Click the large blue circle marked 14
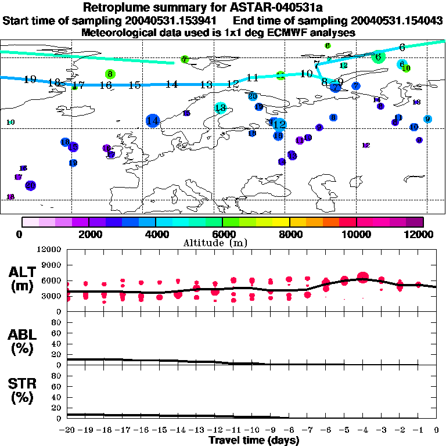(153, 121)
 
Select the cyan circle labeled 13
(220, 107)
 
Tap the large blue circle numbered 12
(279, 124)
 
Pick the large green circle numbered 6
(378, 57)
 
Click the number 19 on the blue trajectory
(30, 80)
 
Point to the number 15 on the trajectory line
(135, 85)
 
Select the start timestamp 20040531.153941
(174, 21)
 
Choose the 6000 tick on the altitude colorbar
(222, 234)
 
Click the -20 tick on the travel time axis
(68, 430)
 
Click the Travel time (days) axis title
(254, 440)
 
